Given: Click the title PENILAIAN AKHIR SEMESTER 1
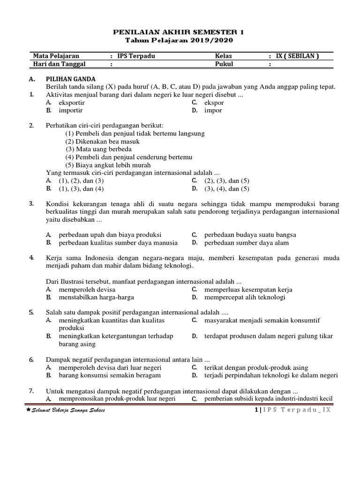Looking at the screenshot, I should click(180, 32).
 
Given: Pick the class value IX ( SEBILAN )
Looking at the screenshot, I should click(297, 56).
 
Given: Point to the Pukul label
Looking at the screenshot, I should click(225, 64).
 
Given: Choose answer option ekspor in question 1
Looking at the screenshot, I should click(214, 103).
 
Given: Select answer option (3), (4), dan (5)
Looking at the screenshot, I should click(227, 189).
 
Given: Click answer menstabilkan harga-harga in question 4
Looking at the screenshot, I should click(96, 297).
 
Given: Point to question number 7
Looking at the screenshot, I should click(31, 390).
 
